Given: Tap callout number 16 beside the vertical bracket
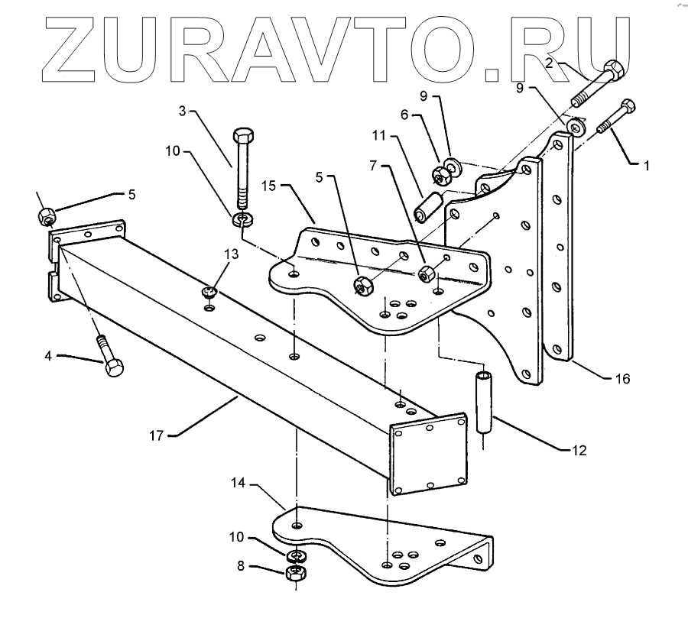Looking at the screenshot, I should [622, 377].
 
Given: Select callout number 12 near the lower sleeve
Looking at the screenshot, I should [579, 451].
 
